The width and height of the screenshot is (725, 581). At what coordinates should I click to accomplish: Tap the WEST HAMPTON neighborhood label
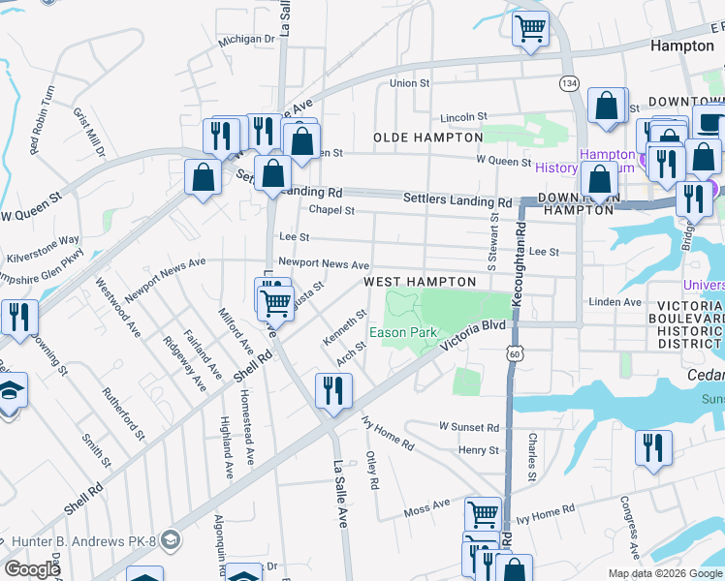420,282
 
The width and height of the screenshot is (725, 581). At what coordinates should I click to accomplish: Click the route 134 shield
569,84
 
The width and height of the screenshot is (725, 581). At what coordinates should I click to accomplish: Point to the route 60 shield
513,355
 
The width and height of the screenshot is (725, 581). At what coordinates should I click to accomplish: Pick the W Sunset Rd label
468,427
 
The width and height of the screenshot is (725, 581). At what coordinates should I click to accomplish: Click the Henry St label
479,450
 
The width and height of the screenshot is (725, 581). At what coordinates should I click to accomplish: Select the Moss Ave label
427,506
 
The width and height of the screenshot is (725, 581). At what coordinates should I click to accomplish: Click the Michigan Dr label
247,40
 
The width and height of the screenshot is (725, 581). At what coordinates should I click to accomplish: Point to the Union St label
409,83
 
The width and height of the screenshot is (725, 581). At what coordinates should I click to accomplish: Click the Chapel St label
331,210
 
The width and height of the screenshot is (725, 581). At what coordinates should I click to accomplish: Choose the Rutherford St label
123,415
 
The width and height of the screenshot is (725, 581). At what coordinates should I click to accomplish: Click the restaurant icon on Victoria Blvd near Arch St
333,390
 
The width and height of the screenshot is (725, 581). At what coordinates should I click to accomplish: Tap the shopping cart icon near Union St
530,28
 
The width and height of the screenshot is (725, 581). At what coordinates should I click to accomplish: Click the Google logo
32,569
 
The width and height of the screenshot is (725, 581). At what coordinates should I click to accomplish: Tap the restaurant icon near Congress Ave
652,447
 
